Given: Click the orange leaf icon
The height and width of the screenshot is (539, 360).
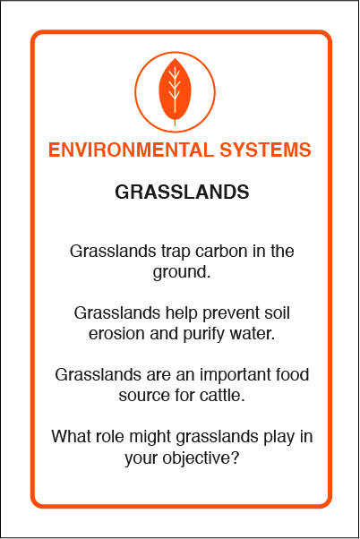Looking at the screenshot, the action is click(x=175, y=90).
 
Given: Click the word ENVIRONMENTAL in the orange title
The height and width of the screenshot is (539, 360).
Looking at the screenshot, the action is click(x=131, y=150).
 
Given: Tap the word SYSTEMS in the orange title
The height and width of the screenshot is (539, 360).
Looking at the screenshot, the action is click(x=265, y=150).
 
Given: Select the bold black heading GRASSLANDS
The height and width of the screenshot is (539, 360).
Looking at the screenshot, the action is click(x=182, y=192).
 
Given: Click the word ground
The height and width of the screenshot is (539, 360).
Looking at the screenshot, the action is click(x=182, y=272).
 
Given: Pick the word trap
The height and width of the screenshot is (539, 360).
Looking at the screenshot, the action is click(x=176, y=252).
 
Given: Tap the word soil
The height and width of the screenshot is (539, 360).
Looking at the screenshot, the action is click(x=277, y=312).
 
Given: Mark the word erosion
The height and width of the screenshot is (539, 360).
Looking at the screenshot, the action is click(x=116, y=334).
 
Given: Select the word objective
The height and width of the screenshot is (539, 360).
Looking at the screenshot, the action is click(x=201, y=458).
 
